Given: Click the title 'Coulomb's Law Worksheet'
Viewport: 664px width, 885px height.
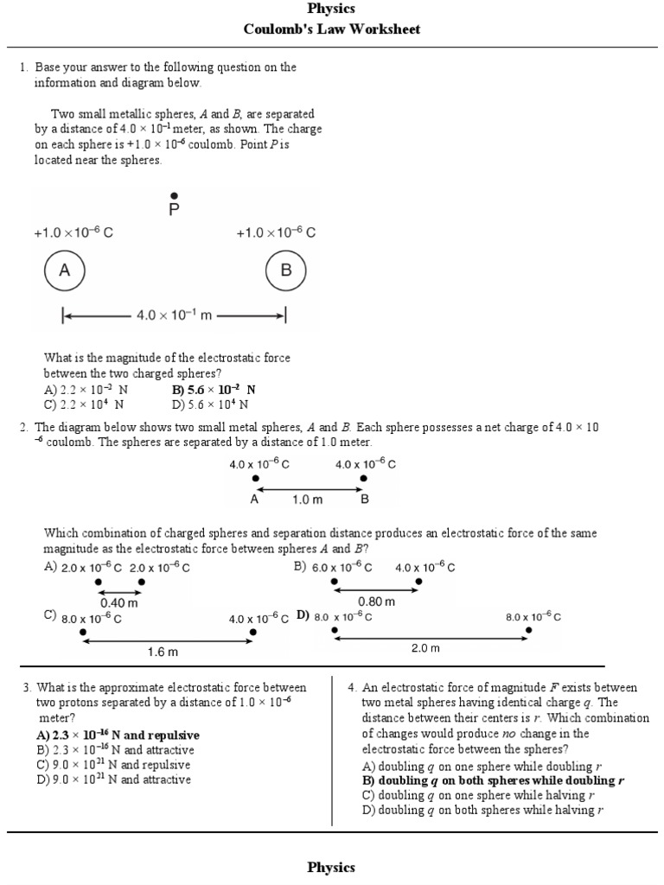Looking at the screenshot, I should tap(332, 29).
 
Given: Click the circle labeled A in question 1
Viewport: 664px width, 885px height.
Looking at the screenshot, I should tap(64, 271).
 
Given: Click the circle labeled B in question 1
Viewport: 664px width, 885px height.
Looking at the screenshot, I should tap(286, 271).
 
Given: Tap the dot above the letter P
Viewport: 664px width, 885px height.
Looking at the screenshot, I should tap(175, 196).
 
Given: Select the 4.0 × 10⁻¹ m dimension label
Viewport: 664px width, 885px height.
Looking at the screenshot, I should tap(174, 315).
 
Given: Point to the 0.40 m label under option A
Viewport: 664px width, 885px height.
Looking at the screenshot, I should tap(119, 603).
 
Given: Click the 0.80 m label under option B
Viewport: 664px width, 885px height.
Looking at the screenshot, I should tap(376, 602).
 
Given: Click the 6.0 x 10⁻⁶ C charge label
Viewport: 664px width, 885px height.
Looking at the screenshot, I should tap(342, 568).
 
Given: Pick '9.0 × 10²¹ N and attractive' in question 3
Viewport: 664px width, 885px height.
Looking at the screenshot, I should tap(113, 780).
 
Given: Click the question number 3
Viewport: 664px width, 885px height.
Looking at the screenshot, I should tap(27, 688).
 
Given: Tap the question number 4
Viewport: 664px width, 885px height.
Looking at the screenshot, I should tap(352, 688).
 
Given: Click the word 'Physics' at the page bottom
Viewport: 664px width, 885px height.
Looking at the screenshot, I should tap(332, 867).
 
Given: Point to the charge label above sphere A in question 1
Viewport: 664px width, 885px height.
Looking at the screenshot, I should tap(73, 232).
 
